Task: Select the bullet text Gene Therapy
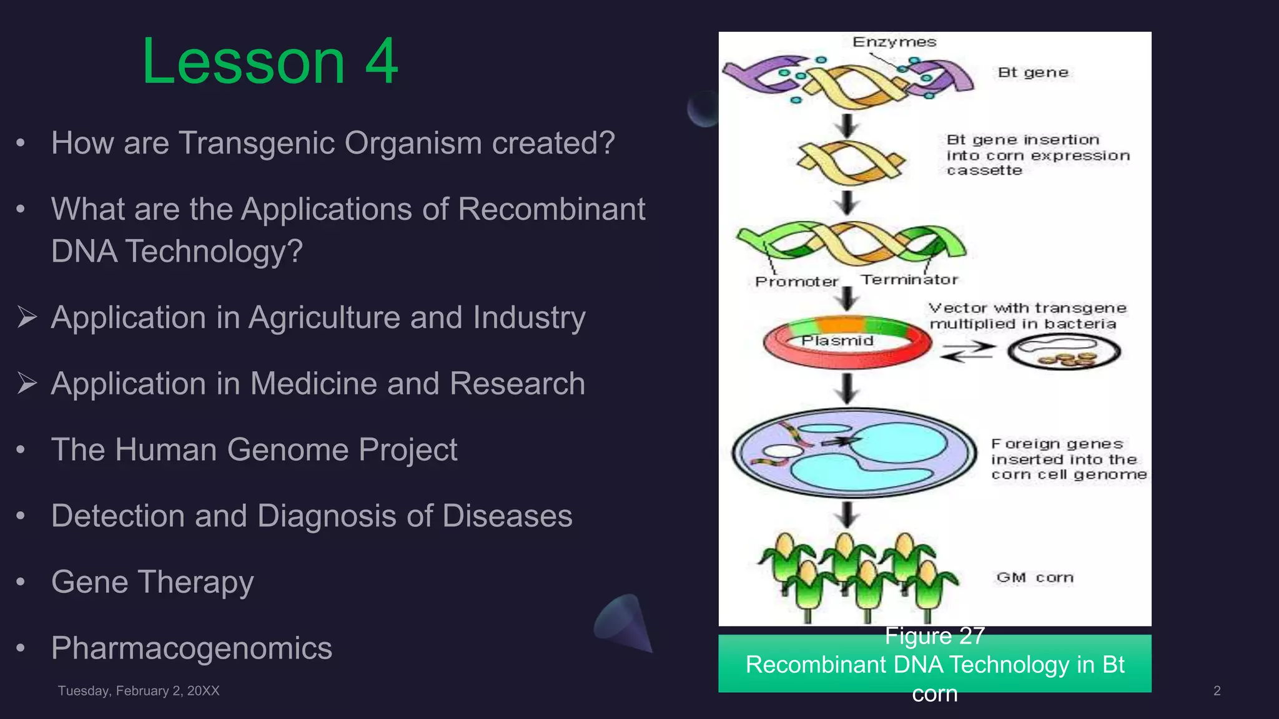(152, 582)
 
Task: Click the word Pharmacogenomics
(192, 648)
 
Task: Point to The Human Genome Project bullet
(254, 449)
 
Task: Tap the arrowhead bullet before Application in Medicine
(27, 383)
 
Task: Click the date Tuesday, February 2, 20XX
(139, 691)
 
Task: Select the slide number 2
(1217, 691)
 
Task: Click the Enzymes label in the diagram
(894, 42)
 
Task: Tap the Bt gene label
(1032, 72)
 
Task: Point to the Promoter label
(796, 281)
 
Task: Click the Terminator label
(909, 280)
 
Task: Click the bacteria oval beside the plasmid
(1064, 351)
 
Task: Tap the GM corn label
(1035, 577)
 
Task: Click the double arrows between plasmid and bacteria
(967, 352)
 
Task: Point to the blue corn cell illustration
(854, 452)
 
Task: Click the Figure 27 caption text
(934, 635)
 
